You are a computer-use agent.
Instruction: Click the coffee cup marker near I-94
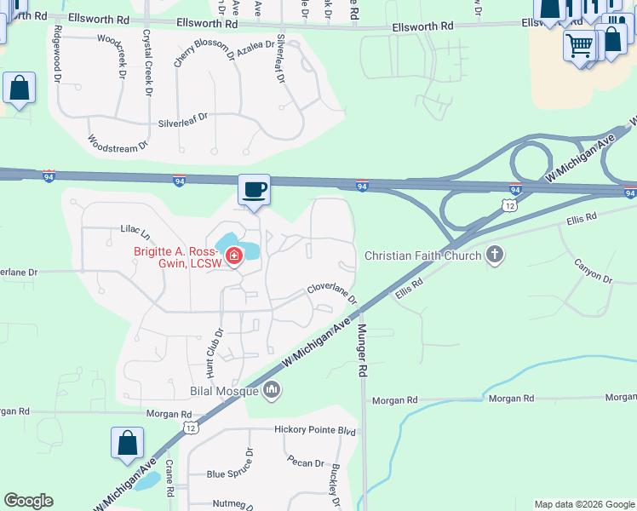click(x=254, y=190)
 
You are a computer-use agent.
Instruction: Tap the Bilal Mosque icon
click(x=272, y=391)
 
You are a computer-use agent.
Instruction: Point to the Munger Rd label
click(x=362, y=350)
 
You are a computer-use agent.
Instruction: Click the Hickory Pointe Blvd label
click(x=314, y=431)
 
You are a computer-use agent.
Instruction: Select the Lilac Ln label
click(x=135, y=232)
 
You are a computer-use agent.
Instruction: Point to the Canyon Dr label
click(x=594, y=271)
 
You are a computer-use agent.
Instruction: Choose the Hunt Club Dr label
click(x=213, y=353)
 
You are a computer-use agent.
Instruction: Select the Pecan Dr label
click(x=307, y=464)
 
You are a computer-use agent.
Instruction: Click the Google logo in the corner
click(x=29, y=501)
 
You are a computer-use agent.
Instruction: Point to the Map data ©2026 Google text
click(x=584, y=504)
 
